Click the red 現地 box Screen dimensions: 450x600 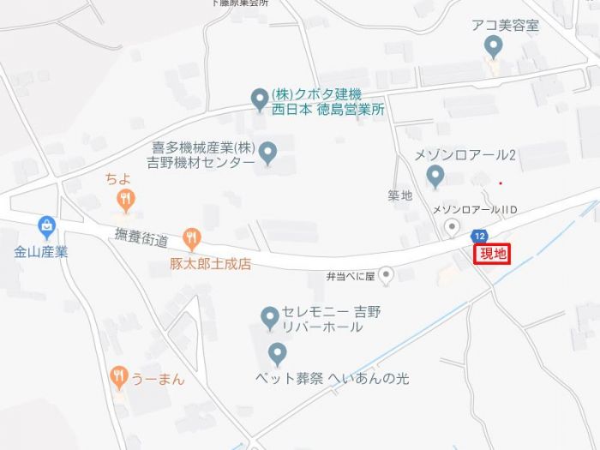pyautogui.click(x=493, y=253)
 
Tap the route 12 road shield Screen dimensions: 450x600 pyautogui.click(x=479, y=236)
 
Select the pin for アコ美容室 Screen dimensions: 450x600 pyautogui.click(x=493, y=45)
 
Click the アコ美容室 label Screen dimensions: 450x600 pyautogui.click(x=506, y=25)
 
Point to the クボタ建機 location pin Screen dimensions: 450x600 pyautogui.click(x=259, y=100)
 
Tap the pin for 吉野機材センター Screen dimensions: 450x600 pyautogui.click(x=268, y=153)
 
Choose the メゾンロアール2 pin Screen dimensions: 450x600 pyautogui.click(x=435, y=177)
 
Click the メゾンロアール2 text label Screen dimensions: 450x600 pyautogui.click(x=465, y=155)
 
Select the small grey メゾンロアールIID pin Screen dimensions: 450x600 pyautogui.click(x=452, y=226)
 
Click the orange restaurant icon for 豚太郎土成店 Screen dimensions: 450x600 pyautogui.click(x=192, y=239)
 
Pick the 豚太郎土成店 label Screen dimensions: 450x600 pyautogui.click(x=210, y=265)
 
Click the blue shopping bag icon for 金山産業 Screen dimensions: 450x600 pyautogui.click(x=47, y=227)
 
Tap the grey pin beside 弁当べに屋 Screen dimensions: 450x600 pyautogui.click(x=387, y=275)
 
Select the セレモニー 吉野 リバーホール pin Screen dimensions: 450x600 pyautogui.click(x=269, y=317)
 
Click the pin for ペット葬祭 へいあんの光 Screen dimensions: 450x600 pyautogui.click(x=277, y=352)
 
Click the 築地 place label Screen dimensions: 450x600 pyautogui.click(x=399, y=195)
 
